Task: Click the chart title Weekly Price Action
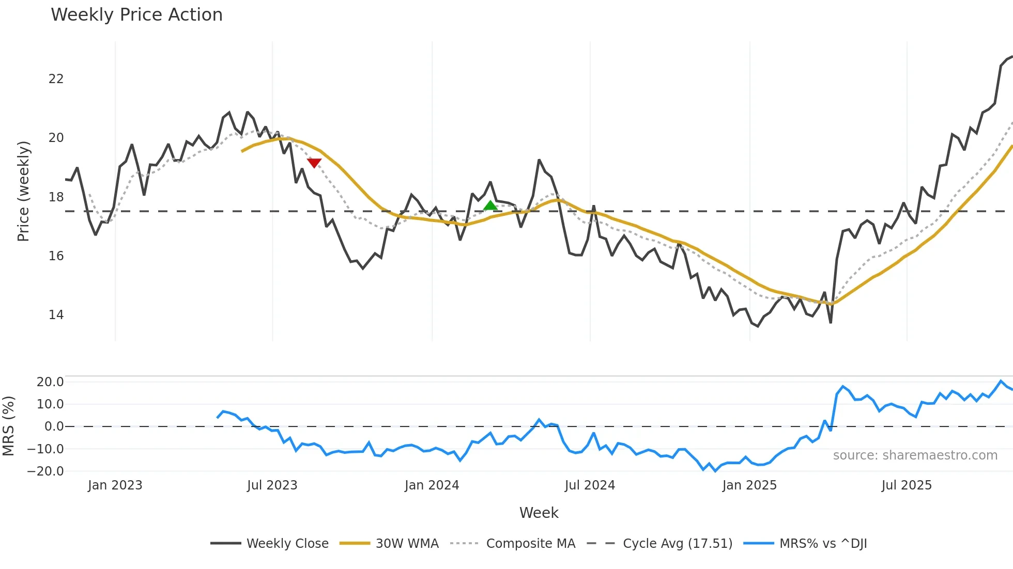136,15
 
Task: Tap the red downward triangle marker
314,163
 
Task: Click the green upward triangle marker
490,206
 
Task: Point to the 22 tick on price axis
56,79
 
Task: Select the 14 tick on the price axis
56,315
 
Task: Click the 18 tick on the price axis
56,197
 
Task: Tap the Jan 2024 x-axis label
432,485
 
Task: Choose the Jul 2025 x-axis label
907,485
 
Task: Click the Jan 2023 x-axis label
115,485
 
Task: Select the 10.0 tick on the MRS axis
50,404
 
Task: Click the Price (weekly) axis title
23,191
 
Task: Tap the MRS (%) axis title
8,426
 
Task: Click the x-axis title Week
539,513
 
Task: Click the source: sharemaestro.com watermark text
915,455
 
